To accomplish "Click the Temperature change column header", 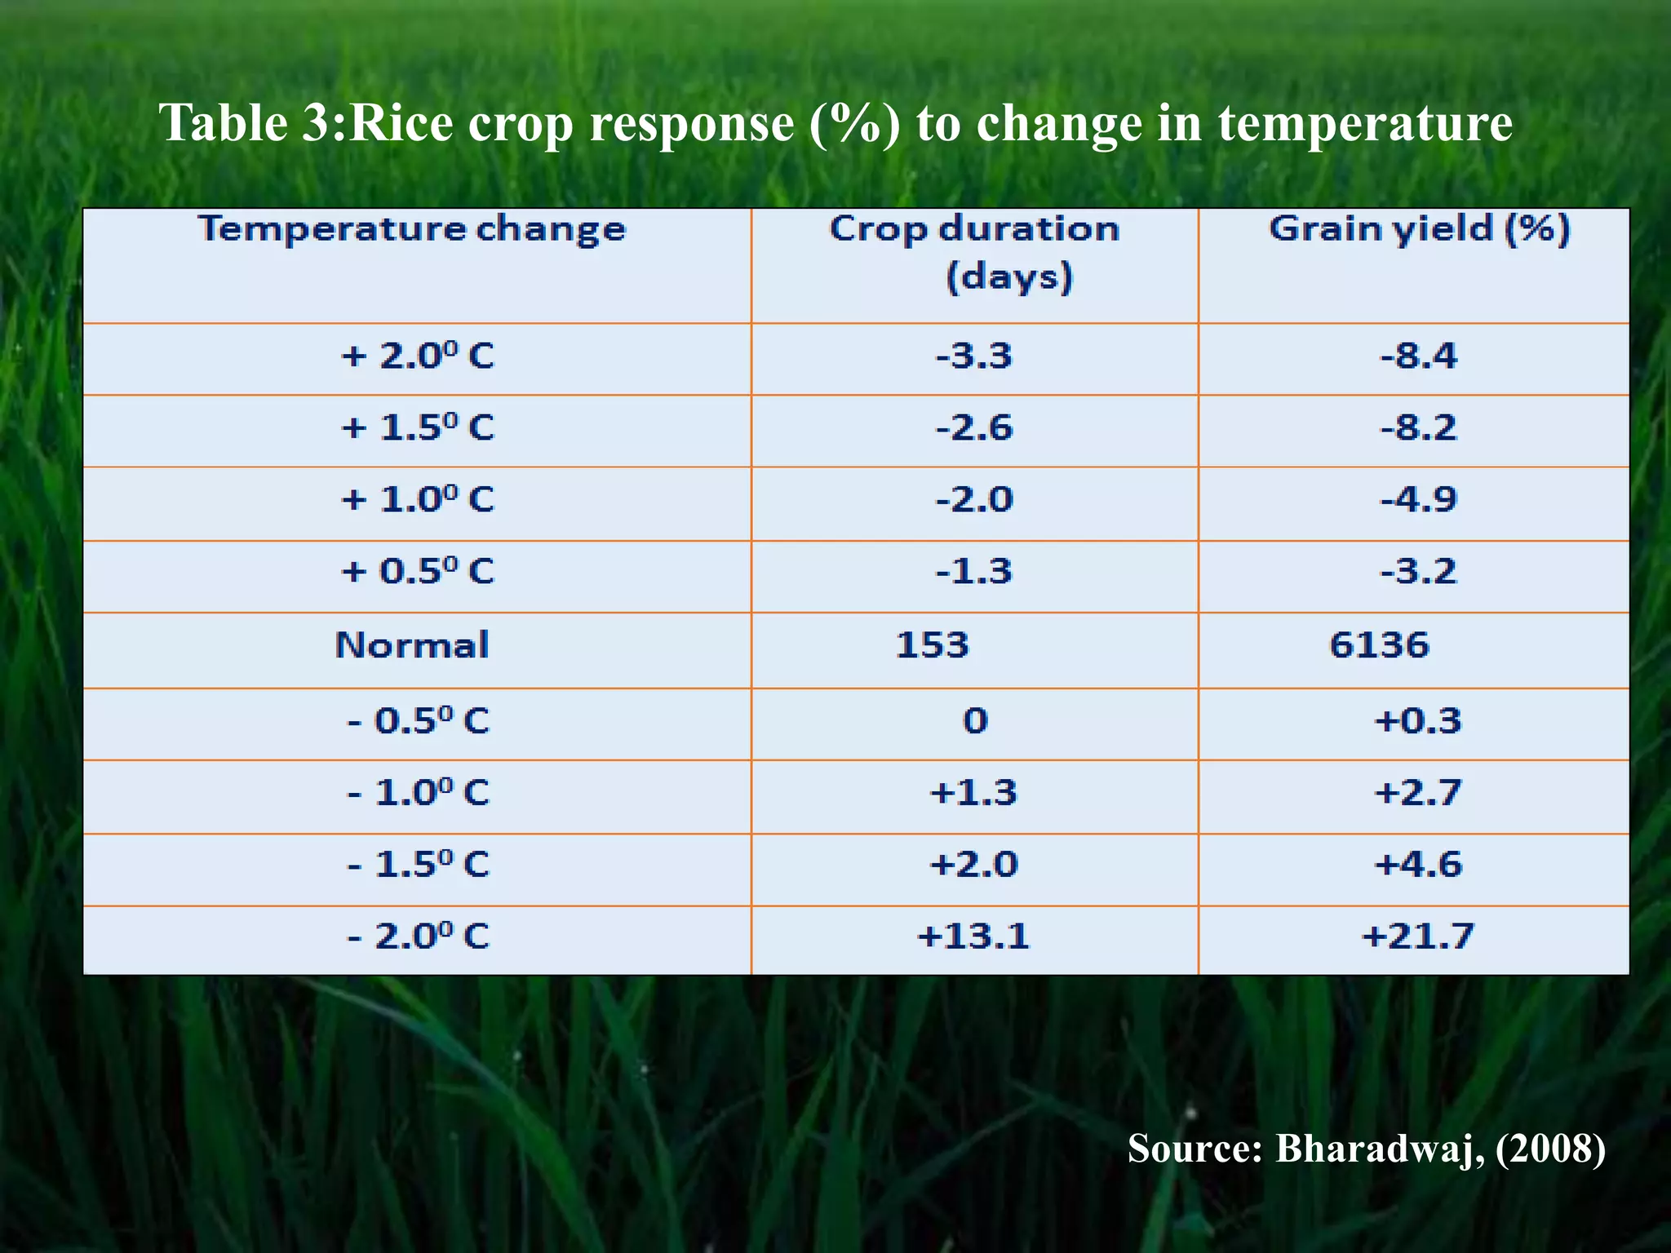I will (412, 229).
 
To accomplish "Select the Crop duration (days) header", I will (974, 251).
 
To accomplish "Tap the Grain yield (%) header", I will (1419, 228).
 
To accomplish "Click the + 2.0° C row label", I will (417, 356).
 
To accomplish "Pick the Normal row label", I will (412, 645).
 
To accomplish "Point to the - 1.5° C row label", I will (418, 865).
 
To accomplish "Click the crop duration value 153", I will (932, 645).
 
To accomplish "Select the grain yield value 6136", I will (1379, 645).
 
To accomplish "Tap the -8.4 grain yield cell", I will (1418, 356).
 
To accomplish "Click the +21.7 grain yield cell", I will (1418, 936).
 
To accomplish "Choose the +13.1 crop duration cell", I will (973, 936).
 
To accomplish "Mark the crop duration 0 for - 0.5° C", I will (975, 721).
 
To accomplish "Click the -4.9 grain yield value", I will (1418, 499).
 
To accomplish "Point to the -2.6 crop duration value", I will (973, 428).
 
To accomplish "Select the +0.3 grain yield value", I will (1418, 721).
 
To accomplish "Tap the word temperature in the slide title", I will (1365, 124).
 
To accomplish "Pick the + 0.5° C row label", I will (417, 571).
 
